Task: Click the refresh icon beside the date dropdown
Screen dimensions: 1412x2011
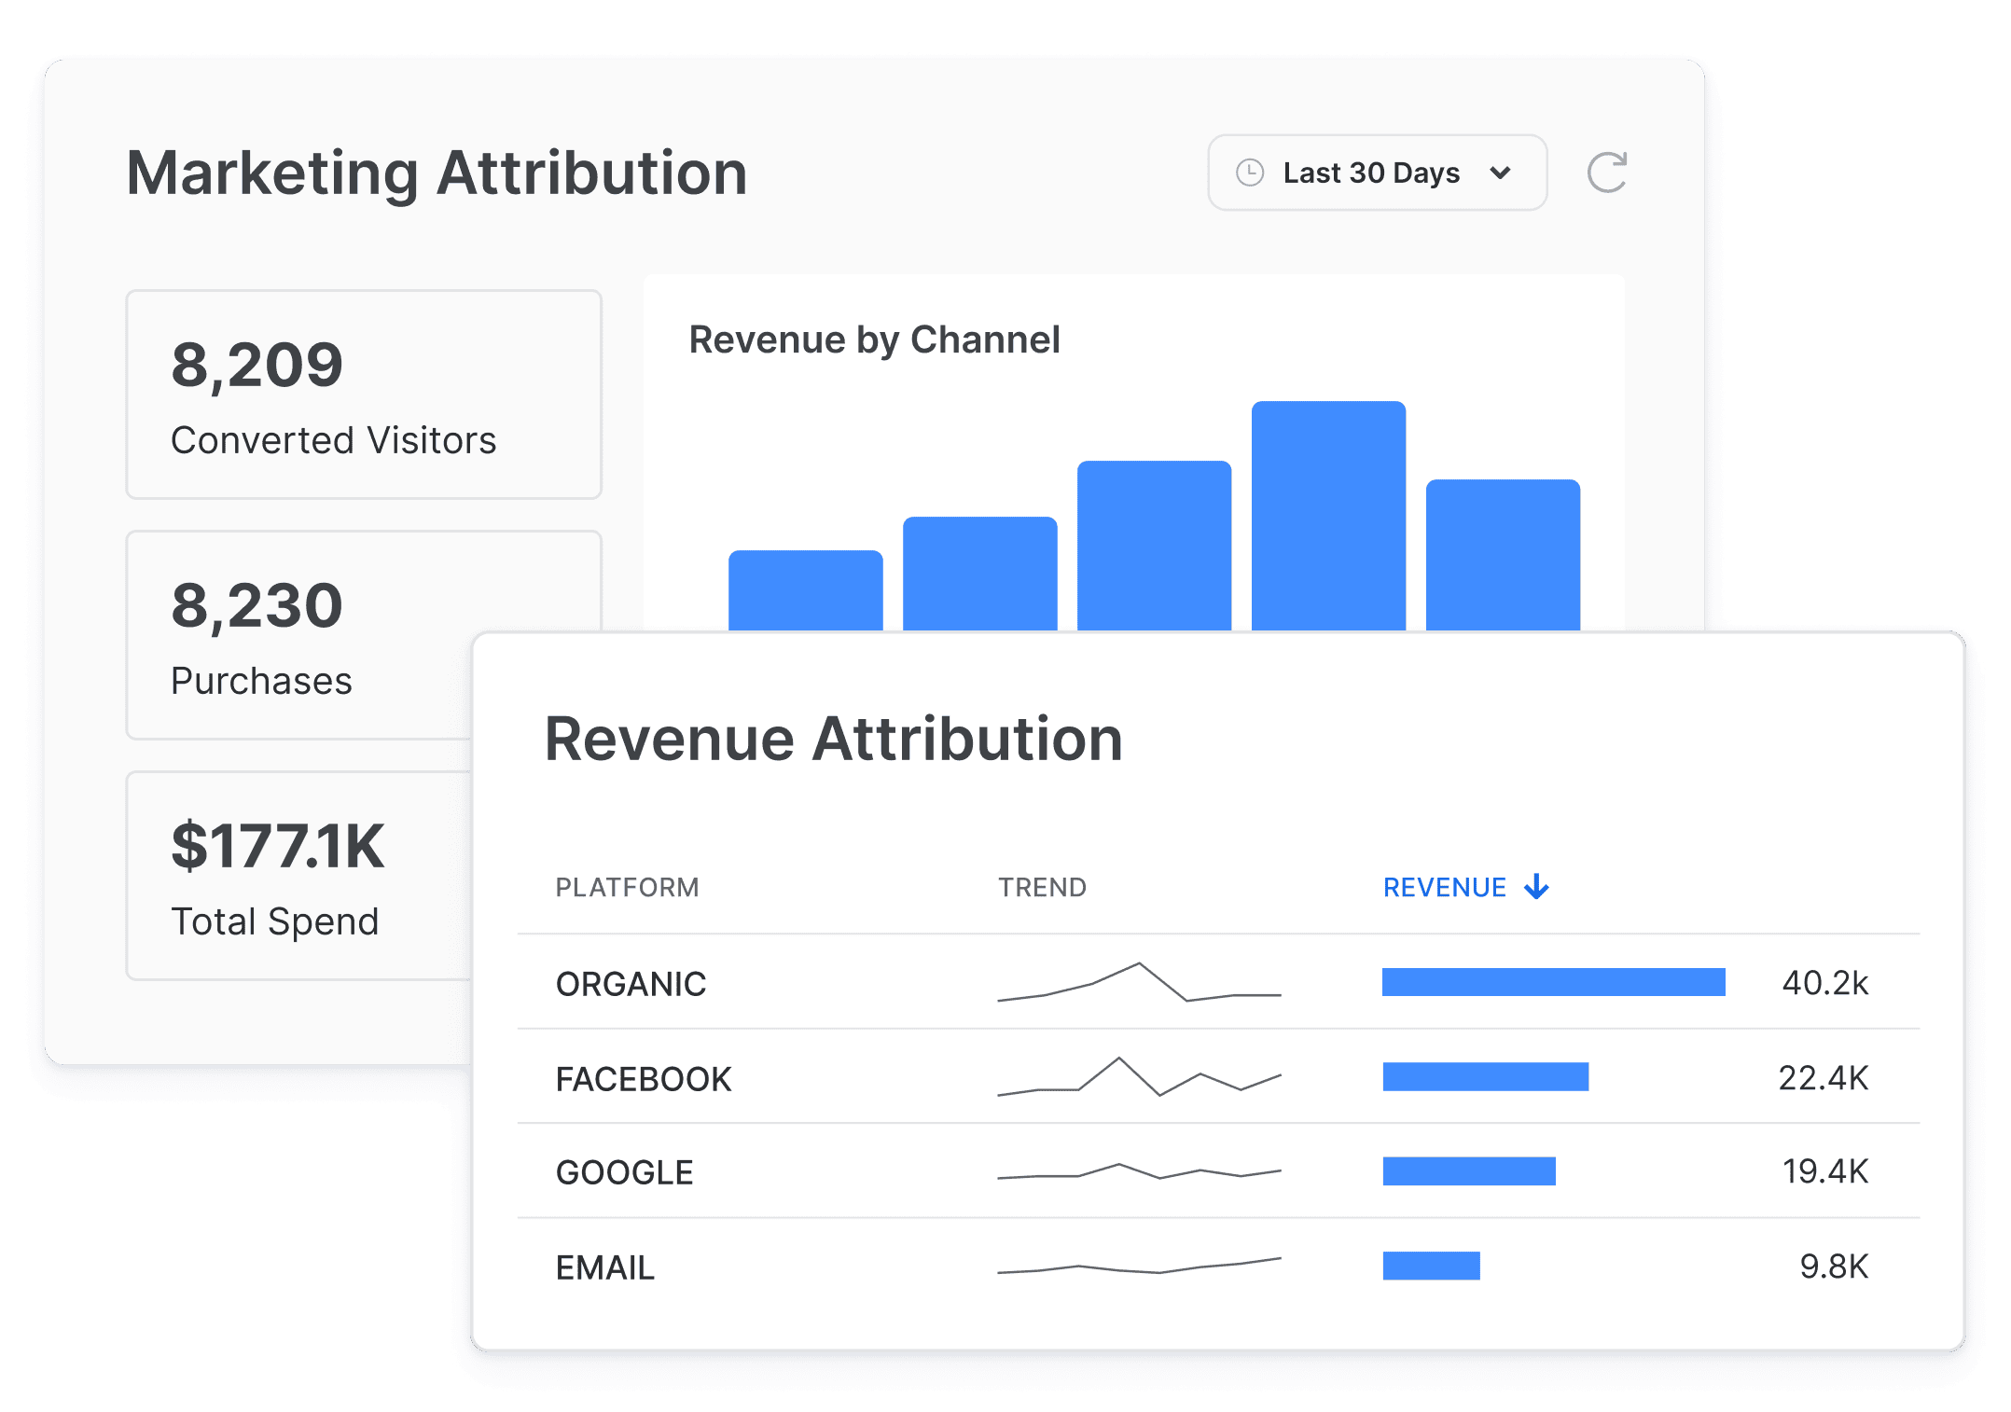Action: pos(1606,173)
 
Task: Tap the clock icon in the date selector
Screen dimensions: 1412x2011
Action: pos(1249,173)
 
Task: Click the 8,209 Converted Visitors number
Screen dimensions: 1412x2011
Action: pos(257,365)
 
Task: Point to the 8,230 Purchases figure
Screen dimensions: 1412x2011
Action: pos(257,605)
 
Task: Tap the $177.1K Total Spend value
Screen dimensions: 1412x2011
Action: pos(278,846)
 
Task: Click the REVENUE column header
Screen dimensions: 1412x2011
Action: pos(1444,887)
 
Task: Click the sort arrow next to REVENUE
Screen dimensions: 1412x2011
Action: pos(1536,886)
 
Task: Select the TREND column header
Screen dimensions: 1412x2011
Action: pos(1042,887)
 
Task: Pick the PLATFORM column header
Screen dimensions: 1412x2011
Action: pos(627,887)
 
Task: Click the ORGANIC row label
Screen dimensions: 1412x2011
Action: pos(631,984)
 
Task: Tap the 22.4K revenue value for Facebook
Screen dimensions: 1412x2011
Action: pos(1823,1078)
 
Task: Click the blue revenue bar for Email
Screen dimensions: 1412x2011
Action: pos(1431,1266)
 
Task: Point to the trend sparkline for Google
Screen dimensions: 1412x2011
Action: pos(1139,1171)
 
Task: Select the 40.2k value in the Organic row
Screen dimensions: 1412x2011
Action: pos(1824,983)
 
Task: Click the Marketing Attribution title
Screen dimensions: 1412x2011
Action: pos(437,173)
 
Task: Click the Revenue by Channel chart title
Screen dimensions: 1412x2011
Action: pos(874,339)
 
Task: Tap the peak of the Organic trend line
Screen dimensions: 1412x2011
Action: pos(1139,963)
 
